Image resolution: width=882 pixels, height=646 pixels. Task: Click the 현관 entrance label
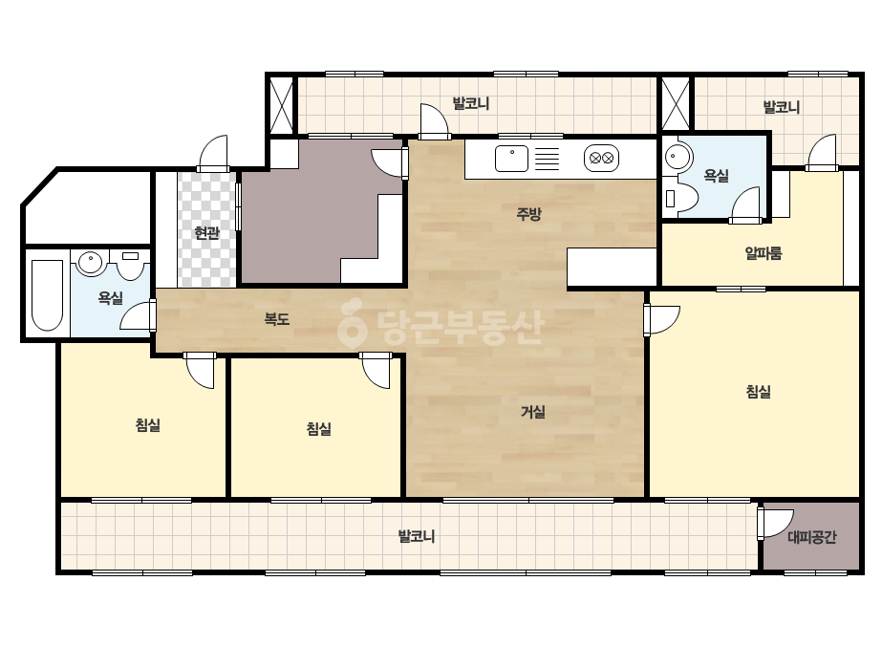(x=206, y=233)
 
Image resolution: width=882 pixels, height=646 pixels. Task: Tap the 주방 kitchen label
(x=528, y=214)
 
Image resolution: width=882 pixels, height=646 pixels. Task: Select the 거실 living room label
(x=532, y=412)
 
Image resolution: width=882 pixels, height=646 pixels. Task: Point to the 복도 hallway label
(x=277, y=319)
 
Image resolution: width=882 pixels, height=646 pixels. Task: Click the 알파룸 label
(x=764, y=254)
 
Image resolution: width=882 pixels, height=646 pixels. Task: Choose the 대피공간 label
(x=811, y=537)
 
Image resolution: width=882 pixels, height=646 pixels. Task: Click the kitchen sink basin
(x=511, y=158)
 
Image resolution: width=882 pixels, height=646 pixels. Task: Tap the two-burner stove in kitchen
(x=601, y=158)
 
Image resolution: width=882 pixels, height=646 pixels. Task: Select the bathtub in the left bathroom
(x=47, y=295)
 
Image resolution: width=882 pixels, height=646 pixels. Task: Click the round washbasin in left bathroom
(x=90, y=262)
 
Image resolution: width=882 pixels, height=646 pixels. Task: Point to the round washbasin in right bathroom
(x=678, y=156)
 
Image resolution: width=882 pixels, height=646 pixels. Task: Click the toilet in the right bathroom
(x=680, y=197)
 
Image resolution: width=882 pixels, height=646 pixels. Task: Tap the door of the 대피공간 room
(x=775, y=524)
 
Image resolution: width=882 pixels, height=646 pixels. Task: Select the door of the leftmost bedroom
(x=200, y=370)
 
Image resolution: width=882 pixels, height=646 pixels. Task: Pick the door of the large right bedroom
(x=661, y=319)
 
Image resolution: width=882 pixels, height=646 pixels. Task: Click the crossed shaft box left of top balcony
(x=282, y=105)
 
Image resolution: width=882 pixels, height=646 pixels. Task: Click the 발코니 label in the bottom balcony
(x=417, y=536)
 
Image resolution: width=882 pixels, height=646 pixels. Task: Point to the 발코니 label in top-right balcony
(x=782, y=107)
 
